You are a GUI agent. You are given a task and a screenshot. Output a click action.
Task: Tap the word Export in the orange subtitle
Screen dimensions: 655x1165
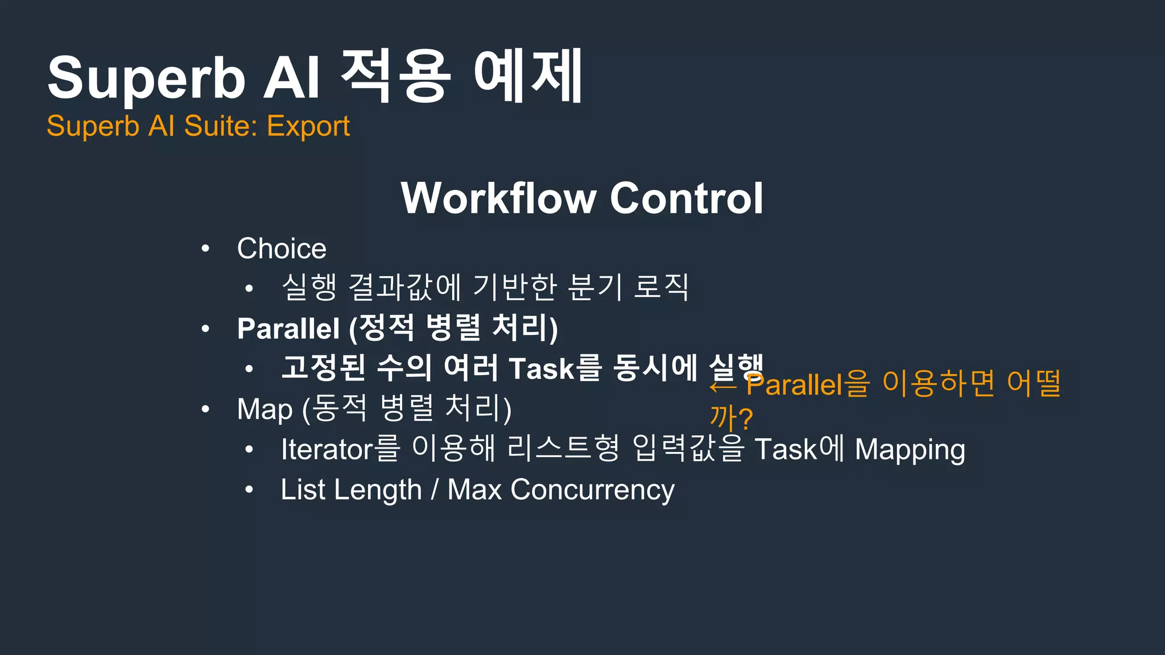[308, 126]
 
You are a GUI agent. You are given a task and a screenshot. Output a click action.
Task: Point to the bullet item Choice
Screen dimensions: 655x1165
[282, 249]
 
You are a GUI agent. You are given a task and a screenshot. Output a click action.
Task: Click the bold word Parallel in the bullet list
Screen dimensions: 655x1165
[288, 329]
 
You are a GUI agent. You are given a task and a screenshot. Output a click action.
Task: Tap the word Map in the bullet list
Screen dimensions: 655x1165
[265, 409]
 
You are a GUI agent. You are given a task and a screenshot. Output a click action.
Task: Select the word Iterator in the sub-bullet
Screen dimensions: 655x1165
[327, 449]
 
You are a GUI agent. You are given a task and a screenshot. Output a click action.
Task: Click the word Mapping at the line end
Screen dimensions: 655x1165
[910, 450]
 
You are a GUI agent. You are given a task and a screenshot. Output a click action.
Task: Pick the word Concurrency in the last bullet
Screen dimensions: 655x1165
[592, 490]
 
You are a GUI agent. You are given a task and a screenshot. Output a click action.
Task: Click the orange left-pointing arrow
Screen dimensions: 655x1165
[723, 387]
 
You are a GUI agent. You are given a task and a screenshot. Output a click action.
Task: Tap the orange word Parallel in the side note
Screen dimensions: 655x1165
[794, 385]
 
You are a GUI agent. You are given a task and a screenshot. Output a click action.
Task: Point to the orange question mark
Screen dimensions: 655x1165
[746, 419]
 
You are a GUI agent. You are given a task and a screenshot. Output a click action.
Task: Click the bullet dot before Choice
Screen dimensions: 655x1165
[205, 248]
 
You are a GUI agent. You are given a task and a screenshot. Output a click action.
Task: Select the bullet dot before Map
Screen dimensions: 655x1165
[205, 409]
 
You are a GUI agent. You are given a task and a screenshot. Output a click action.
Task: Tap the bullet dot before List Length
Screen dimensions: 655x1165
[249, 490]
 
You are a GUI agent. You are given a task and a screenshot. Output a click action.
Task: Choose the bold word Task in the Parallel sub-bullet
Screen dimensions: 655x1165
[542, 368]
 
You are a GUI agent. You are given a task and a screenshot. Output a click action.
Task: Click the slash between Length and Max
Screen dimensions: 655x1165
[435, 490]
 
